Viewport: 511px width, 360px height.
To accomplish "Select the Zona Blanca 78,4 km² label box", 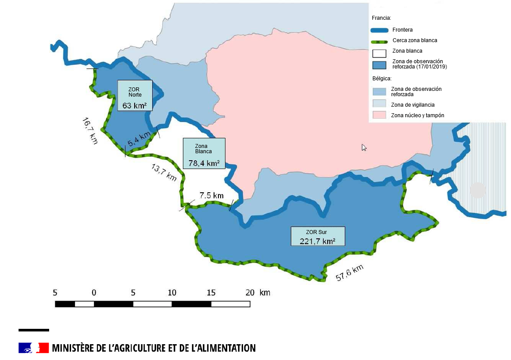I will click(x=204, y=154).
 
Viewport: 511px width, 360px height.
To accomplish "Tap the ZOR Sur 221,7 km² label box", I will click(x=318, y=236).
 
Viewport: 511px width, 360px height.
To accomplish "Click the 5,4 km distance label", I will click(x=139, y=140).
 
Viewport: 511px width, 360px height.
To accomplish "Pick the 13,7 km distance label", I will click(x=164, y=172).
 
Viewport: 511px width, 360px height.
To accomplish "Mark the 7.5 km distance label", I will click(x=211, y=195).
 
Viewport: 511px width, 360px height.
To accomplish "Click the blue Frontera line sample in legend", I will click(x=379, y=30).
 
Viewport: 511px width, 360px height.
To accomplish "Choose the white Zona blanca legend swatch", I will click(x=379, y=54).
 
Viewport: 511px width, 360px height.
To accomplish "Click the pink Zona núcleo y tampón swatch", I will click(x=379, y=115).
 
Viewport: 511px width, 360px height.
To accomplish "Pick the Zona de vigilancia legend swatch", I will click(x=379, y=104).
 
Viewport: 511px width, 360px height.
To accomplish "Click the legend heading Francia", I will click(x=381, y=18).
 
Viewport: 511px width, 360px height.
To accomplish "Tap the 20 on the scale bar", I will click(x=250, y=293).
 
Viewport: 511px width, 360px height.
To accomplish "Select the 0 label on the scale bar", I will click(x=94, y=293).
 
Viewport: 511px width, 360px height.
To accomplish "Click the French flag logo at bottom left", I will click(x=33, y=348).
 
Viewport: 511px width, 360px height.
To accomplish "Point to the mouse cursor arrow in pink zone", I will click(x=364, y=148).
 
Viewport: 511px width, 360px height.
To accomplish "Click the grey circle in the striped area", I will click(x=478, y=190).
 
